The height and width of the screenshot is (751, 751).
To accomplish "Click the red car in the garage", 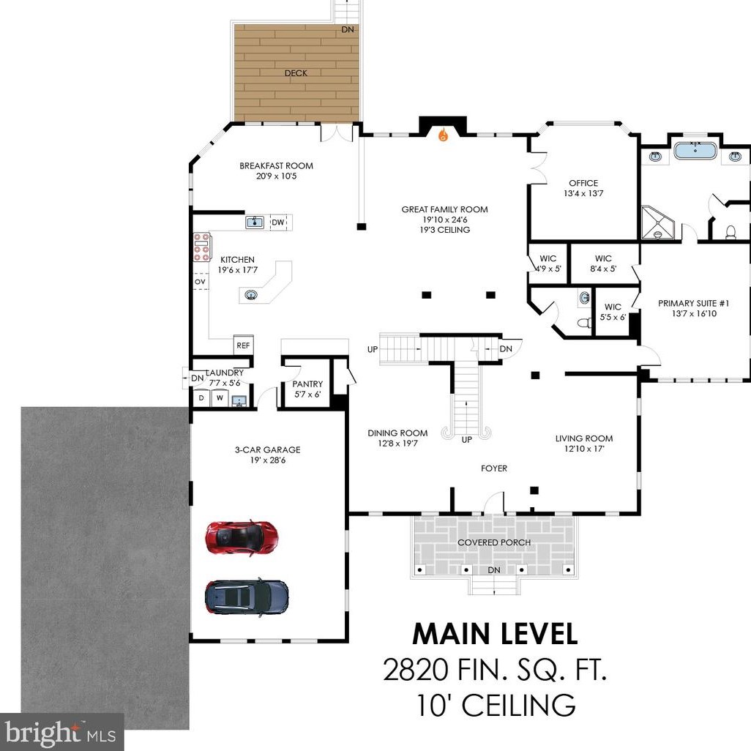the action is [x=242, y=537].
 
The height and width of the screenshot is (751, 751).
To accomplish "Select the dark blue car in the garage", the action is [x=247, y=597].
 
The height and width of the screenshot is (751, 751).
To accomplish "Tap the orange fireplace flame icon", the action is [x=444, y=135].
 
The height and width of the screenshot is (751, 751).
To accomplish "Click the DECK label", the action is [x=296, y=73].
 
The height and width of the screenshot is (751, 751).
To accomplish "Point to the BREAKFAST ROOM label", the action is [x=277, y=165].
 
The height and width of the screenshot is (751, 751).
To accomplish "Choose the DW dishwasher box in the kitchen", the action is [x=278, y=223].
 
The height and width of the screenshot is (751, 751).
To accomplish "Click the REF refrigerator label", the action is [x=243, y=345].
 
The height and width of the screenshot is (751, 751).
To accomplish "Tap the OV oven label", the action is [x=201, y=282].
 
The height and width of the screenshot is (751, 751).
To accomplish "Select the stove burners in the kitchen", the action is [x=201, y=247].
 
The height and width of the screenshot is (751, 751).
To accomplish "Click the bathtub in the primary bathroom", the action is [x=695, y=151].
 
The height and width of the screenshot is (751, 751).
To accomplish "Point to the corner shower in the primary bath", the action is [x=657, y=223].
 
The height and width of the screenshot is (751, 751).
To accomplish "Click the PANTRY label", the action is [x=307, y=384].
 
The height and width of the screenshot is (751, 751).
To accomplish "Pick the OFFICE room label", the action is [x=583, y=183].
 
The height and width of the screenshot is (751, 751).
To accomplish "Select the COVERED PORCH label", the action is [x=494, y=542].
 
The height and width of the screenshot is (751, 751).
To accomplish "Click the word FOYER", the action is [x=494, y=468].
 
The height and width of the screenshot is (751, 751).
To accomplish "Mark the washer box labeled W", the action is [x=220, y=398].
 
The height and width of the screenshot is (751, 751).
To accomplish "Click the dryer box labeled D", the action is [x=201, y=398].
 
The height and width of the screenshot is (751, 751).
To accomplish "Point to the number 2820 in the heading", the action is [x=415, y=670].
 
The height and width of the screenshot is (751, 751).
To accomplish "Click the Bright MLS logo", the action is [x=61, y=733].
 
